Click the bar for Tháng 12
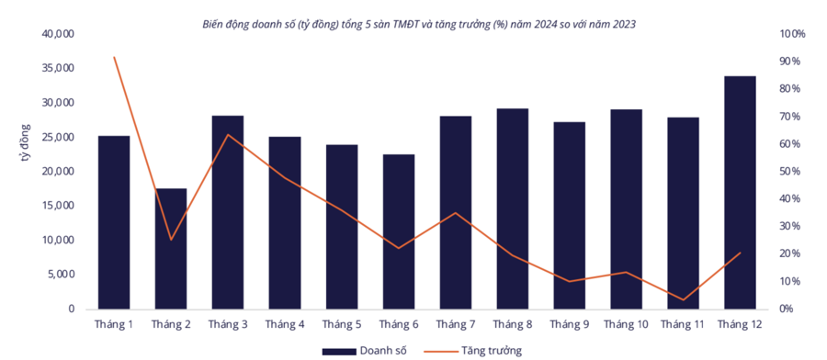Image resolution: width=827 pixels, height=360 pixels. [740, 193]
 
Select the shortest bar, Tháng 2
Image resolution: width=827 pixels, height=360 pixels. [171, 249]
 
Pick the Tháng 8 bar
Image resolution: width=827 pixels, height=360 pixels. [512, 208]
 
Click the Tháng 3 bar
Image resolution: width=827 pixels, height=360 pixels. [228, 212]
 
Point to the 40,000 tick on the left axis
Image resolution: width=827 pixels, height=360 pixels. [58, 34]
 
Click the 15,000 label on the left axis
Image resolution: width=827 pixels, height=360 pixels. [58, 206]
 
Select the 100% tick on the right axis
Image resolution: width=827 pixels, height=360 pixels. [791, 34]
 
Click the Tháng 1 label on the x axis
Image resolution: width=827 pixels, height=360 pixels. [114, 324]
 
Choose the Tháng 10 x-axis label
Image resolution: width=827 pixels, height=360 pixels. [626, 324]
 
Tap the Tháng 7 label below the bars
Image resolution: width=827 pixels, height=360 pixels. [455, 324]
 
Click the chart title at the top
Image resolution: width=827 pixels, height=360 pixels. [418, 24]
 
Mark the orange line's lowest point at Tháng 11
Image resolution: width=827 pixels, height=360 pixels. [683, 299]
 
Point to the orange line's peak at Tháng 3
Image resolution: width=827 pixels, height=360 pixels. [228, 135]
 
